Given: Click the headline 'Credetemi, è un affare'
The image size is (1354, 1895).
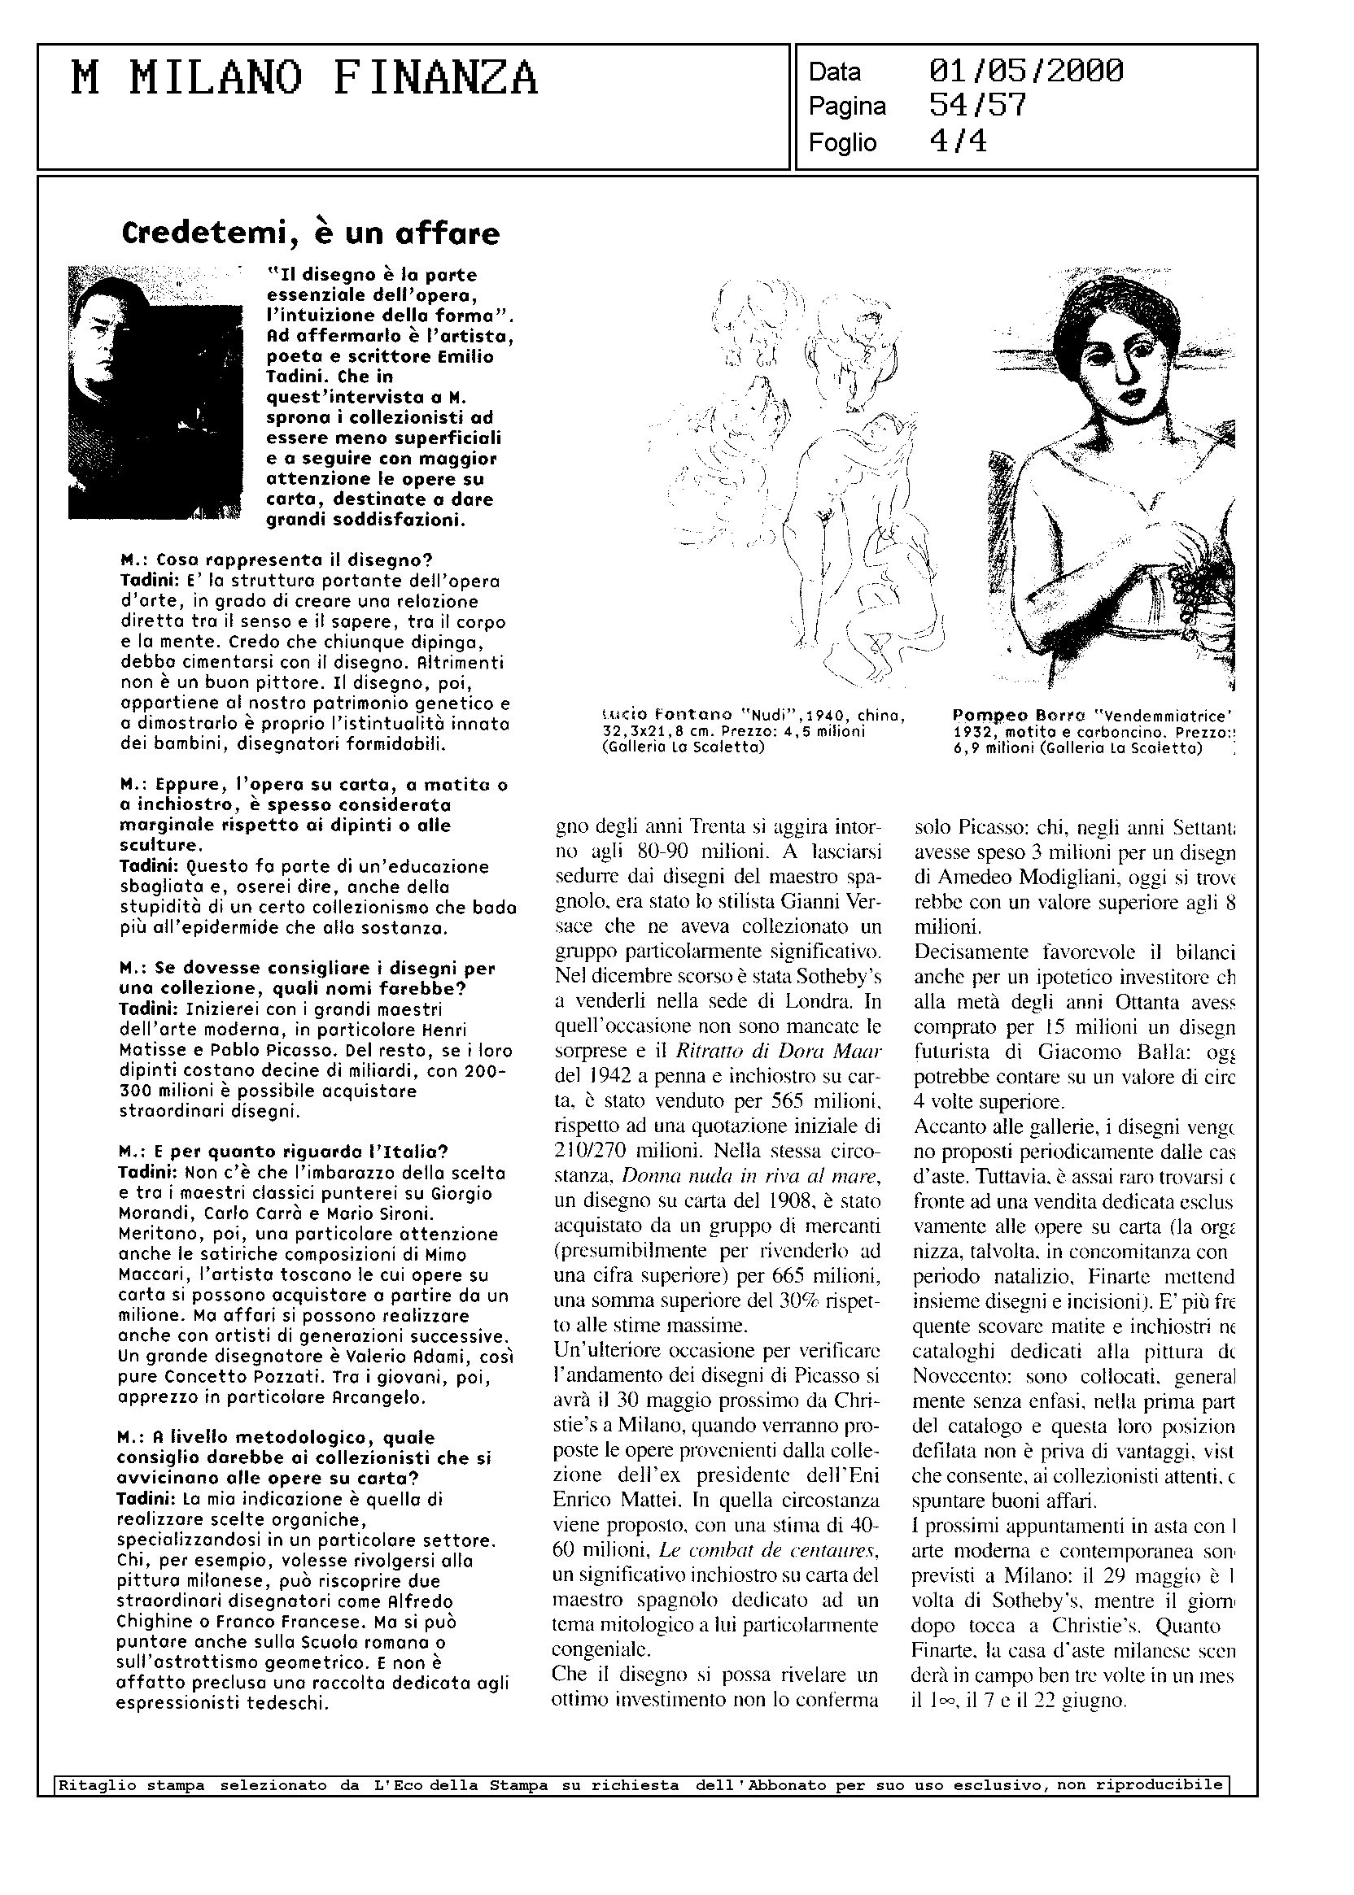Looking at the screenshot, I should click(x=310, y=233).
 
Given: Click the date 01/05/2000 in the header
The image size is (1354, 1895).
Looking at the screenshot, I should click(x=1025, y=72).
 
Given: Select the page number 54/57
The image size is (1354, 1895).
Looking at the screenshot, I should click(x=977, y=106).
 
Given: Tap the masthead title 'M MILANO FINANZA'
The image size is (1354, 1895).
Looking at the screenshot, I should click(x=305, y=80).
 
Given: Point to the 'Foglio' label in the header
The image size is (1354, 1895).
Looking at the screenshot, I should click(x=842, y=142).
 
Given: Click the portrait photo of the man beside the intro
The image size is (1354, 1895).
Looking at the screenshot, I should click(x=155, y=392).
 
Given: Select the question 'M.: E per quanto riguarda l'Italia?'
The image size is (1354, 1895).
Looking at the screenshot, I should click(x=284, y=1152).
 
